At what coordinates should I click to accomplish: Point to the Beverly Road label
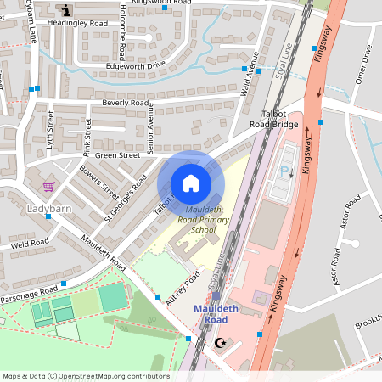[126, 103]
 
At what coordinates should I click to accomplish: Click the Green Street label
[117, 155]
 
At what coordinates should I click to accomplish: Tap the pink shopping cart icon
[48, 186]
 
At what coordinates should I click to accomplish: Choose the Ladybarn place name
[50, 208]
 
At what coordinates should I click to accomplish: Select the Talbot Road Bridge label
[273, 119]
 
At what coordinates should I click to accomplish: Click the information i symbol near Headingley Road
[67, 10]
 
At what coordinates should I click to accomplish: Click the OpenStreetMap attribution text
[86, 375]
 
